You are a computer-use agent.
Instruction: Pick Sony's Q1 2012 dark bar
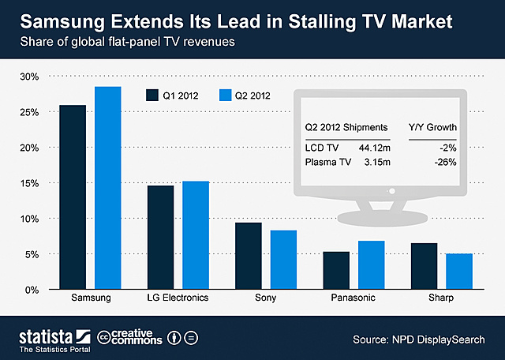249,256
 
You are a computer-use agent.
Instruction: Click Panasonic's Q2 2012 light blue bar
371,265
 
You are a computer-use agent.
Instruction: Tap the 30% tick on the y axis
28,77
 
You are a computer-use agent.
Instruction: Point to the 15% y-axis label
28,183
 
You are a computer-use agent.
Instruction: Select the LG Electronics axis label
178,298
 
